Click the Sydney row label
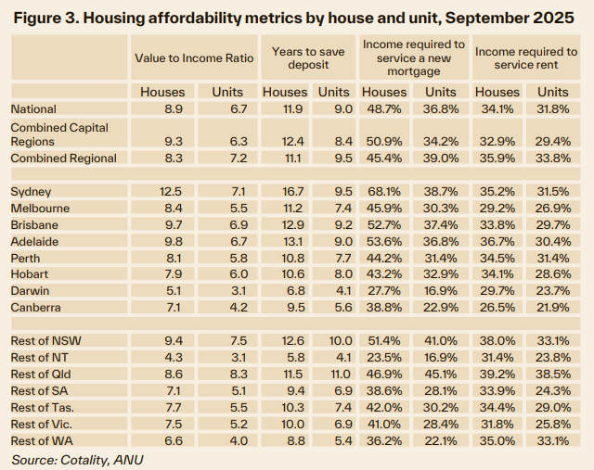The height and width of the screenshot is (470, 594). point(31,191)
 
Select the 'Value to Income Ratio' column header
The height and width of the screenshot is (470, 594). point(193,57)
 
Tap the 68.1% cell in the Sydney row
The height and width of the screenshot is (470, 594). point(384,191)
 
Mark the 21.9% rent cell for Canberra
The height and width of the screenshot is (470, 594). point(553,307)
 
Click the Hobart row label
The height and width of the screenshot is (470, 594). point(31,273)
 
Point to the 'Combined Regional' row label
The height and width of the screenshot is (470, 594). point(63,158)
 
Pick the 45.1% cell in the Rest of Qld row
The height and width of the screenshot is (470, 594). point(441,373)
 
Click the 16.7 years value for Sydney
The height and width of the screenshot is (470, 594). point(284,191)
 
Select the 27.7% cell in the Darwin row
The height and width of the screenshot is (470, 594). point(384,290)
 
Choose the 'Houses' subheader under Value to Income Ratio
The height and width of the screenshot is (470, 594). point(162,92)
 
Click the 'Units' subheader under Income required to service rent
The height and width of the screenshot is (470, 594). point(553,92)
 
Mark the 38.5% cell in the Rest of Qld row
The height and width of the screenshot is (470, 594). point(553,373)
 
